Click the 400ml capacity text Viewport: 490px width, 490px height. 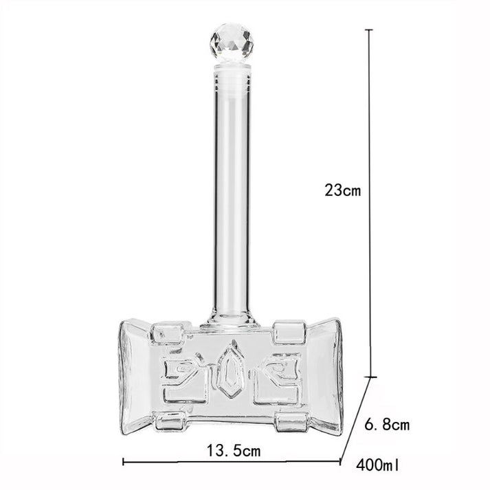378,467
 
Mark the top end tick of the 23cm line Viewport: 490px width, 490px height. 372,30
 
